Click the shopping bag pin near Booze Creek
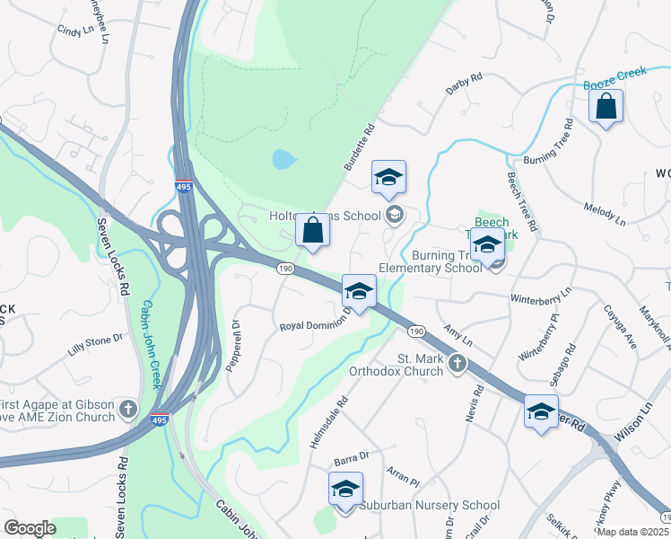pos(606,107)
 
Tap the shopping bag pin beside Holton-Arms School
pos(312,230)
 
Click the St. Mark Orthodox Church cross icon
pos(457,364)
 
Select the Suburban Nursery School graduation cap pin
pos(345,490)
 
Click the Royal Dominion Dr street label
pos(315,325)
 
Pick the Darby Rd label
pos(465,84)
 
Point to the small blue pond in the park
pos(283,161)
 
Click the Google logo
pos(30,528)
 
